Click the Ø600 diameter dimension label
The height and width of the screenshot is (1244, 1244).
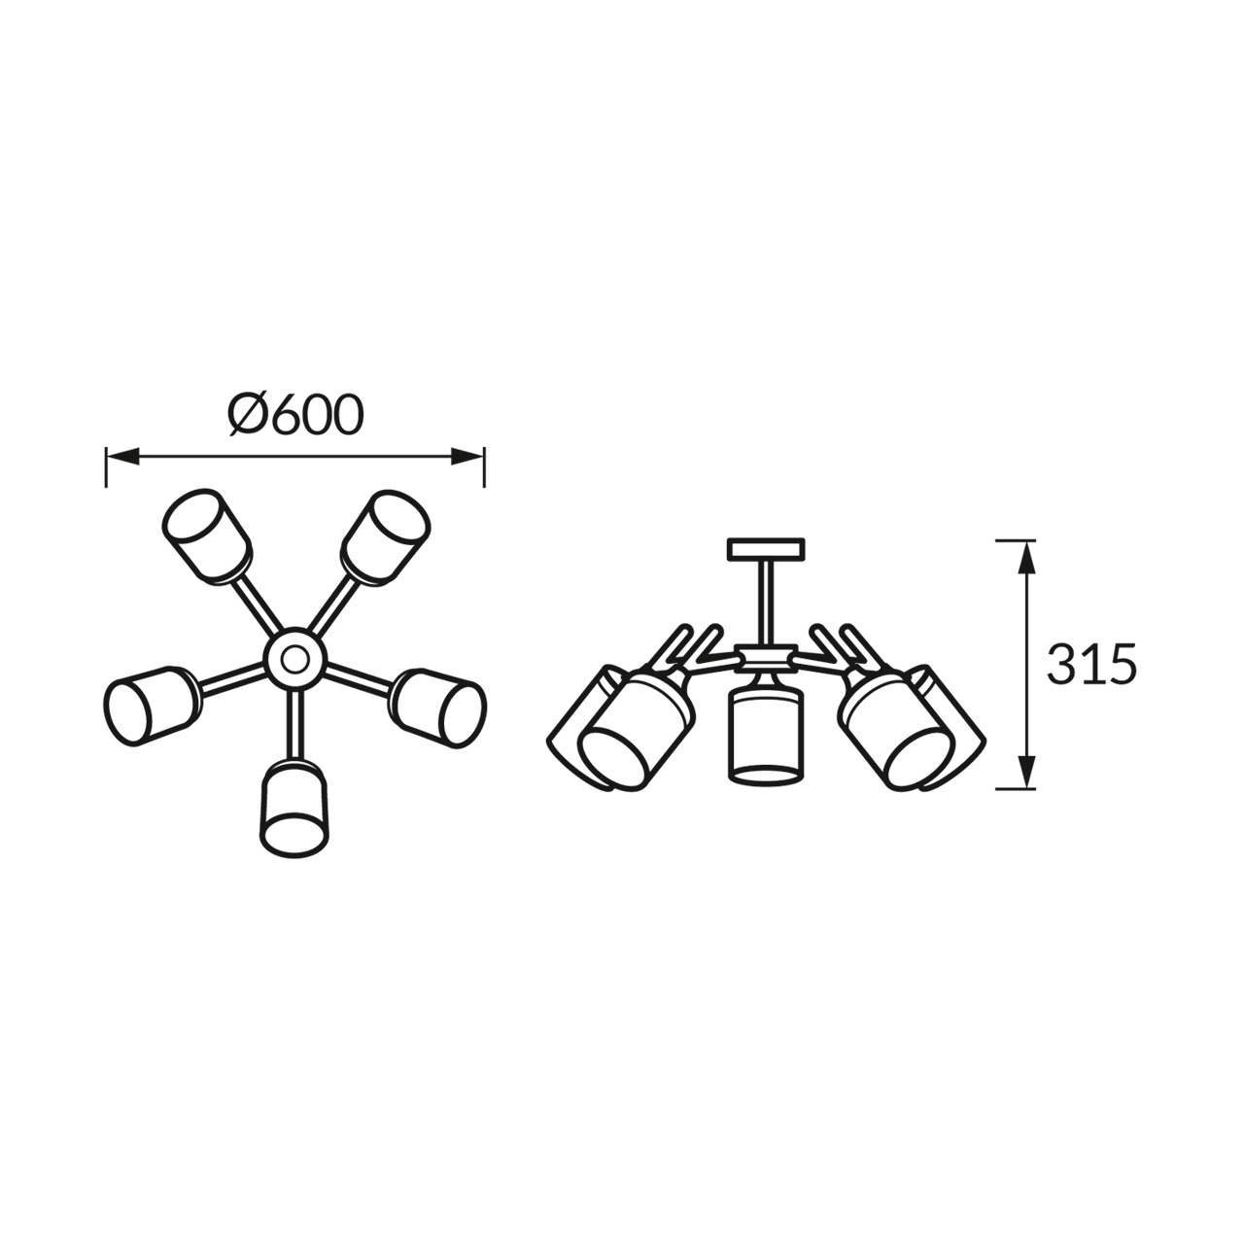(x=295, y=414)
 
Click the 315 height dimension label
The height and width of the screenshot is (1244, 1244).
(x=1091, y=664)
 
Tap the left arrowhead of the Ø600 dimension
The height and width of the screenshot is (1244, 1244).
(x=122, y=457)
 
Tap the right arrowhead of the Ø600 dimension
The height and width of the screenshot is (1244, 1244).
(x=467, y=457)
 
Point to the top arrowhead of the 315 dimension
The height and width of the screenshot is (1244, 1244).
(x=1026, y=557)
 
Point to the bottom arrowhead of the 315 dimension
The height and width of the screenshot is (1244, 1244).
(x=1026, y=772)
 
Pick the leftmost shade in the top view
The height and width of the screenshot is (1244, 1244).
(x=153, y=706)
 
